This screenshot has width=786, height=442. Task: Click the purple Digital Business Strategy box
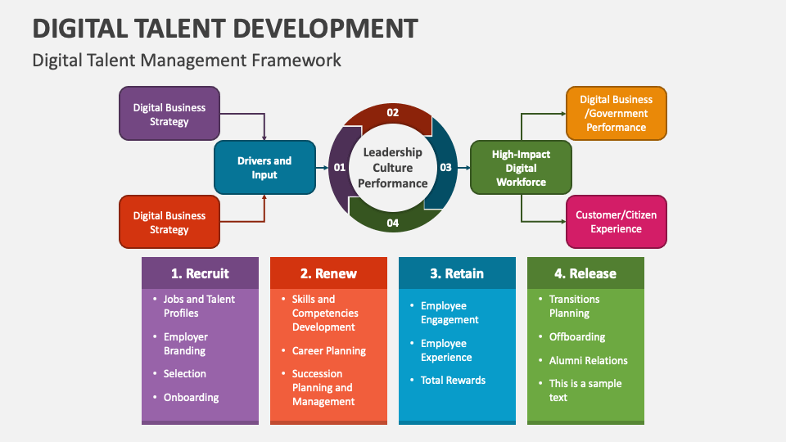(x=169, y=114)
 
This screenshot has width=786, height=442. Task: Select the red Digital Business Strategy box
(x=169, y=222)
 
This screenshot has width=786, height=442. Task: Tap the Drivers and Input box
(x=264, y=168)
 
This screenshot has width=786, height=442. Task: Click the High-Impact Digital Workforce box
(x=521, y=168)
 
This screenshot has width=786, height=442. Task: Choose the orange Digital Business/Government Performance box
(x=616, y=113)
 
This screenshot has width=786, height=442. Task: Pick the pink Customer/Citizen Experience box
(x=616, y=222)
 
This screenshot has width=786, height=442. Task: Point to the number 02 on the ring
(x=392, y=113)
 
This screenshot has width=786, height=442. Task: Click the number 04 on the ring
(x=392, y=223)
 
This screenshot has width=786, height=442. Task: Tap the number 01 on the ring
(x=340, y=168)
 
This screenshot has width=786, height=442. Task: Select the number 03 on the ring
(x=445, y=168)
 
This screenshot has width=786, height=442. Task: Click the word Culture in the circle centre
(x=392, y=168)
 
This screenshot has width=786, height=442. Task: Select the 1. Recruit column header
(x=200, y=273)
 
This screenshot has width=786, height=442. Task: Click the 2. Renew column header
(x=328, y=273)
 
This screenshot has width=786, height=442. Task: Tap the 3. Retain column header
(x=457, y=273)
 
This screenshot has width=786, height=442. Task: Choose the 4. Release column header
(x=585, y=273)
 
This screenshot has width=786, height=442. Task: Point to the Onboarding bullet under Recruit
(x=191, y=397)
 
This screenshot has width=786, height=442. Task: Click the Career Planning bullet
(x=328, y=350)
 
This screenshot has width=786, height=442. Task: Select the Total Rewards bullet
(x=453, y=380)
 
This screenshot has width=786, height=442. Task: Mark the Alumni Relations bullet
(x=588, y=360)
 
